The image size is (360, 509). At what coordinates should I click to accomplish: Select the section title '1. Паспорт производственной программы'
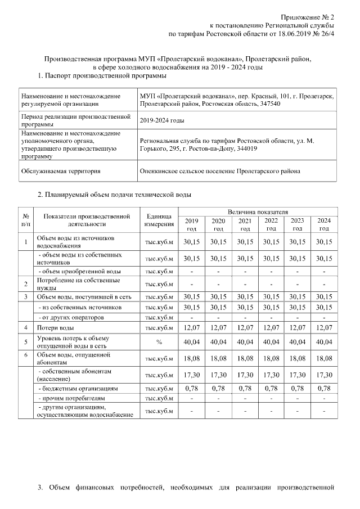click(x=102, y=75)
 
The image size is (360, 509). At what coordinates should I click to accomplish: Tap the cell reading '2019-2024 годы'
click(x=163, y=120)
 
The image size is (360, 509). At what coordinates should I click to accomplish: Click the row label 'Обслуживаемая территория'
click(x=60, y=170)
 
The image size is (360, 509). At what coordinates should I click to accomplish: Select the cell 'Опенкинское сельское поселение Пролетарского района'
click(x=220, y=170)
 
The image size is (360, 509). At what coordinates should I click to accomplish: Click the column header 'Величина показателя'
click(x=258, y=211)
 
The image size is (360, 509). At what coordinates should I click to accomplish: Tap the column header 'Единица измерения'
click(x=160, y=220)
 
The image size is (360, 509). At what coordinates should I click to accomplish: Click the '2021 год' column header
click(x=245, y=224)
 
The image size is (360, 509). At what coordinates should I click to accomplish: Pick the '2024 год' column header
click(x=324, y=224)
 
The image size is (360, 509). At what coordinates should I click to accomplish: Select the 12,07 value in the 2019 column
click(x=192, y=327)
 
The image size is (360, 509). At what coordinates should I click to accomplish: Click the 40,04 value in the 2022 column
click(x=271, y=341)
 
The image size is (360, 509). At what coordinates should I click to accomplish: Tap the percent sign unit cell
click(x=160, y=341)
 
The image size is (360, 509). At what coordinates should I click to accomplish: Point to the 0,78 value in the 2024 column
click(x=324, y=388)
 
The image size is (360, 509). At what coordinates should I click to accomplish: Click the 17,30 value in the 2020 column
click(x=218, y=375)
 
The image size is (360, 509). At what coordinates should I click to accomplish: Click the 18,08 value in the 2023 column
click(x=298, y=358)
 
